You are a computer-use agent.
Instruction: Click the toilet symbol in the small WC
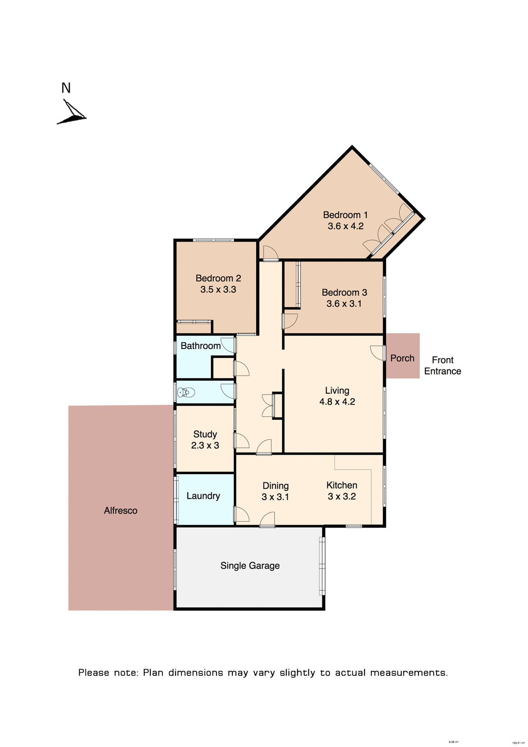186,392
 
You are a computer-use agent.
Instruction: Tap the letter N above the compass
66,88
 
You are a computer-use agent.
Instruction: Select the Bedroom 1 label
345,215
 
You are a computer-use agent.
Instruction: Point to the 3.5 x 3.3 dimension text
218,289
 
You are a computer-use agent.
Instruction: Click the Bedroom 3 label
344,293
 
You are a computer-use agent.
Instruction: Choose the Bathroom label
201,346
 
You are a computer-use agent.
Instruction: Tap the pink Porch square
402,356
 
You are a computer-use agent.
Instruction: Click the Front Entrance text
442,366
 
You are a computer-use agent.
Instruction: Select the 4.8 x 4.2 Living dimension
337,402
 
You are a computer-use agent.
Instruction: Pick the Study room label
205,434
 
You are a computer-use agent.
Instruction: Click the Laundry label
203,496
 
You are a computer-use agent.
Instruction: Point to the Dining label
276,486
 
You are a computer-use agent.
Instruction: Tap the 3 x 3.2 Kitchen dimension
342,496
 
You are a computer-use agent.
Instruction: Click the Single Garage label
250,566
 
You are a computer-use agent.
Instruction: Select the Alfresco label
121,511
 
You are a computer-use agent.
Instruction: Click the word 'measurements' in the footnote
409,673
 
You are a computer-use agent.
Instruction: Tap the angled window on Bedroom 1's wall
384,179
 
